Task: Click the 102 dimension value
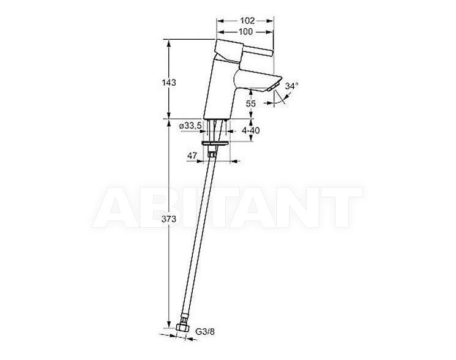[x=247, y=21]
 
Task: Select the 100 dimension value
[x=245, y=31]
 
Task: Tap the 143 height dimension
[x=169, y=83]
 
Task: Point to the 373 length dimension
[x=169, y=219]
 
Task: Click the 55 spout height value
[x=251, y=103]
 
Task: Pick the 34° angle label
[x=292, y=86]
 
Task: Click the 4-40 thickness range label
[x=251, y=130]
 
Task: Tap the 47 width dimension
[x=192, y=156]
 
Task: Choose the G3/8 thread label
[x=205, y=331]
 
